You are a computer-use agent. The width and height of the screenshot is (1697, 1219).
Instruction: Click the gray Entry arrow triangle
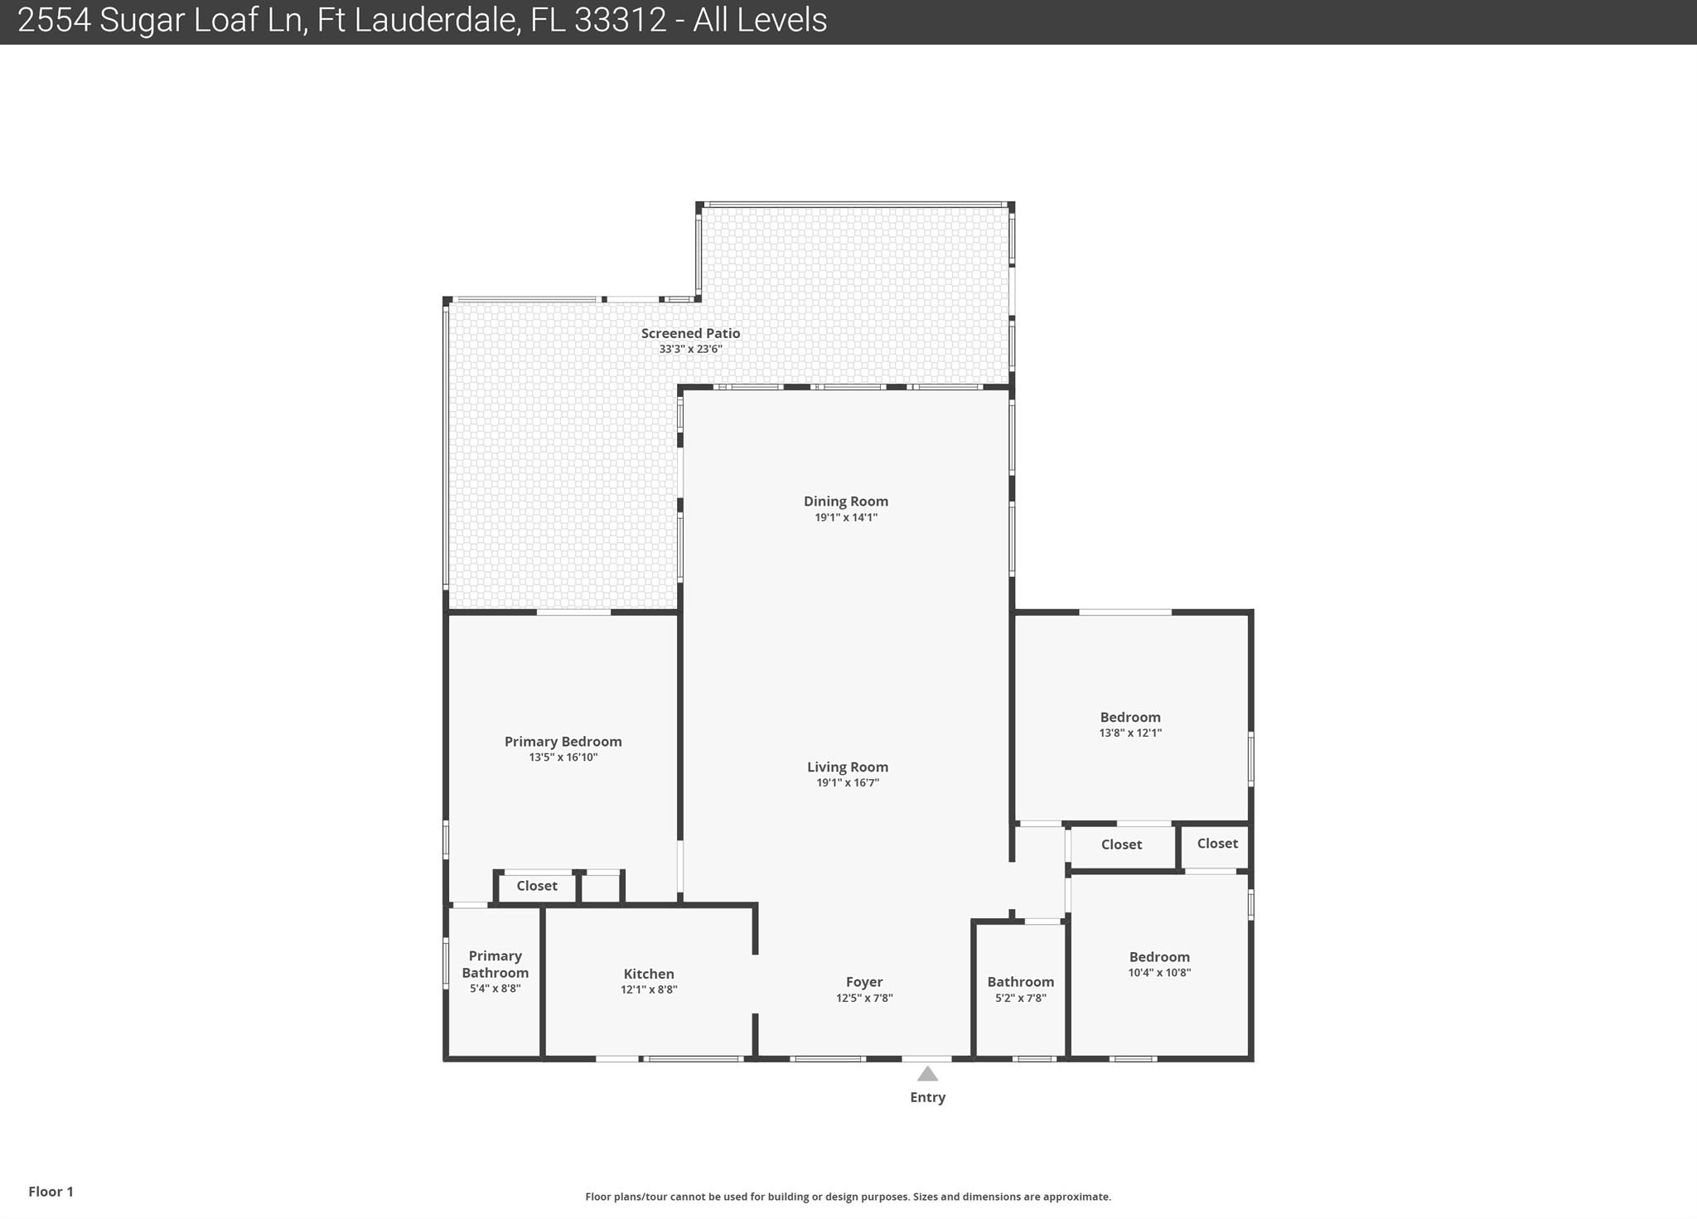click(x=927, y=1074)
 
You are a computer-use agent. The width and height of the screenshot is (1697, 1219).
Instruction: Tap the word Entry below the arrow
click(x=927, y=1097)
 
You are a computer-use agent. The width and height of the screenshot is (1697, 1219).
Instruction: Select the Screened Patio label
click(x=690, y=333)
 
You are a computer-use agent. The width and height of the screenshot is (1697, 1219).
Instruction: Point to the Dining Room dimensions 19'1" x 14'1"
click(x=846, y=517)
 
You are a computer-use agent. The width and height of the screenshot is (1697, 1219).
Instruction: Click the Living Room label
click(x=848, y=767)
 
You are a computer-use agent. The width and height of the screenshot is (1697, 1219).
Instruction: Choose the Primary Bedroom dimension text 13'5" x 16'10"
click(x=563, y=757)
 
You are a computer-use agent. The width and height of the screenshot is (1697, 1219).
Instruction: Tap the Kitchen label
click(x=649, y=974)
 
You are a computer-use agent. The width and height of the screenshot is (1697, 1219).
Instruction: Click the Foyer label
click(x=864, y=982)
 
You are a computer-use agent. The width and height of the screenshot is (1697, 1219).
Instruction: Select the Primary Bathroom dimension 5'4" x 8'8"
click(x=495, y=989)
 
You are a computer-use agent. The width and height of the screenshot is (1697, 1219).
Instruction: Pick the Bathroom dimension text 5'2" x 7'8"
click(x=1021, y=998)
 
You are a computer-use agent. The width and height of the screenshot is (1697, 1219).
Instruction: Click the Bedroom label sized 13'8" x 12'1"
click(x=1130, y=718)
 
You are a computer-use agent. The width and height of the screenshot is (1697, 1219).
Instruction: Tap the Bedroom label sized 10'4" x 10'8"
click(x=1159, y=957)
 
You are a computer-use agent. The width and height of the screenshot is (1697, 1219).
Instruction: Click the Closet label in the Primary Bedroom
click(x=537, y=886)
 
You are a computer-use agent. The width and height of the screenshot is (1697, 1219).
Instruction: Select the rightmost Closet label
click(x=1217, y=844)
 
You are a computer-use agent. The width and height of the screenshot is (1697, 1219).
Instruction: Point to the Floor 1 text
click(x=51, y=1192)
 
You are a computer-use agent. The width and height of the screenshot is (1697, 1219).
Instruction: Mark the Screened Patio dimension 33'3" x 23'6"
click(x=690, y=349)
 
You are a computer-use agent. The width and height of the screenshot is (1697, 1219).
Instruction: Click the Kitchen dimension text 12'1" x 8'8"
click(x=649, y=989)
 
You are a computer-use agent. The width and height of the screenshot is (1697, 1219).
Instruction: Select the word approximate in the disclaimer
click(x=1076, y=1197)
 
